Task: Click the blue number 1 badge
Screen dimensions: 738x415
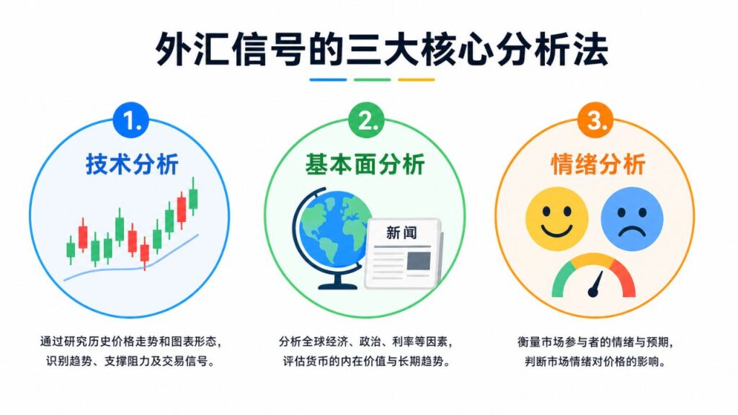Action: pos(131,120)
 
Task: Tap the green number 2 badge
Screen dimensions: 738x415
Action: pos(366,120)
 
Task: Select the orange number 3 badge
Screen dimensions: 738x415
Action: pos(595,120)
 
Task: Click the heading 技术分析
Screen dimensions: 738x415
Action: pos(132,165)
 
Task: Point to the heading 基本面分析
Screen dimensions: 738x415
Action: pos(365,165)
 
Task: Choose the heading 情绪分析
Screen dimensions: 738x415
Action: pos(597,165)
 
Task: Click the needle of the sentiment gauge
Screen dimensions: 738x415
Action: pos(596,285)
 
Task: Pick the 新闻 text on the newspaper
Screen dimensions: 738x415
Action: pos(401,233)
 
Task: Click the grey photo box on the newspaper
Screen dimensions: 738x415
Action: pos(419,261)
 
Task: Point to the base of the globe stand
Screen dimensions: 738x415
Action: pos(337,285)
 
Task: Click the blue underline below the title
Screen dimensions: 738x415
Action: pos(328,79)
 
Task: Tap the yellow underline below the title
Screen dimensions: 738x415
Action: pos(416,79)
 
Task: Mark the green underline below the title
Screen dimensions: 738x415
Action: pos(372,79)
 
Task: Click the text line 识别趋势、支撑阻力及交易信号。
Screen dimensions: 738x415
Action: pos(130,362)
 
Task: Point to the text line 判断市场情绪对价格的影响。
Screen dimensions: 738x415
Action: pos(596,362)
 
